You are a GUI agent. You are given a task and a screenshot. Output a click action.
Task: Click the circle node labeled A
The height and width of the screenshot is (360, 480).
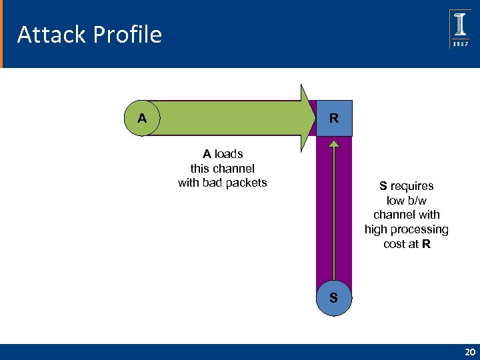(x=142, y=119)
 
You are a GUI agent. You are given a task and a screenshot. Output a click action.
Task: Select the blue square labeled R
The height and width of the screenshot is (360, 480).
(x=334, y=119)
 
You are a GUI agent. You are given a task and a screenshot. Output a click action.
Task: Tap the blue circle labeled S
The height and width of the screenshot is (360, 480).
(x=333, y=297)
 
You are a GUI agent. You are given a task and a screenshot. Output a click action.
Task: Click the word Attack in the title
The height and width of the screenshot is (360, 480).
(x=43, y=35)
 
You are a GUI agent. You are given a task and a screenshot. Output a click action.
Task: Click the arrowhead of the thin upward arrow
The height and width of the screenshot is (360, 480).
(x=333, y=142)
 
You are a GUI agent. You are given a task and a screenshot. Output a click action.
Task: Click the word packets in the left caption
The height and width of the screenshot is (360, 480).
(x=246, y=183)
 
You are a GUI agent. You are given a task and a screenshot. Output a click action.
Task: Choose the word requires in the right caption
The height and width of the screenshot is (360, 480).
(x=411, y=186)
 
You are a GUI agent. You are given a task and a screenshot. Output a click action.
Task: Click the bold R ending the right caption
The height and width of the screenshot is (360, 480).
(x=426, y=245)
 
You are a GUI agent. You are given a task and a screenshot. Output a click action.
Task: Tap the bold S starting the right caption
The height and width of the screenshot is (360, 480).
(x=383, y=186)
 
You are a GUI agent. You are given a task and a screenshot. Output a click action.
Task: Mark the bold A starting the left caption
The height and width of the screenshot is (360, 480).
(x=207, y=154)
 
